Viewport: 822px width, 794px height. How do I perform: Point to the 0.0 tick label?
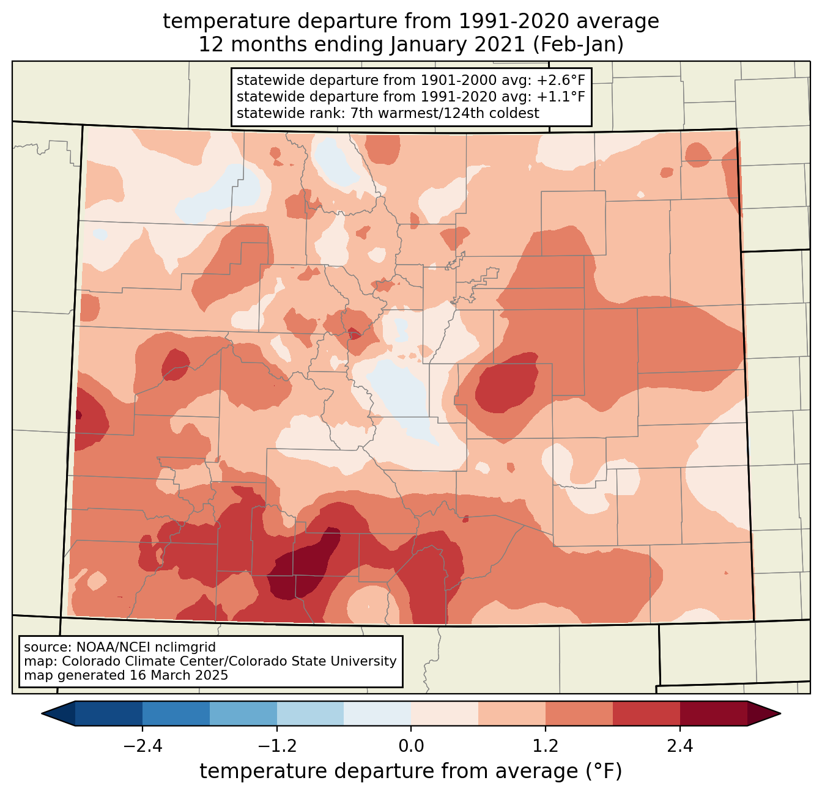tap(411, 746)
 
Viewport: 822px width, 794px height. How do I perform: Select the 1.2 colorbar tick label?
tap(546, 746)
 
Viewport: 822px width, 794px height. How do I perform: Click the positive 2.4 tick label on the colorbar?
tap(680, 746)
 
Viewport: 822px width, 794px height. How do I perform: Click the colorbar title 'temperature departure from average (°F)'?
tap(411, 771)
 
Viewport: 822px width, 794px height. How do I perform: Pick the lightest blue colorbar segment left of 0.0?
tap(377, 713)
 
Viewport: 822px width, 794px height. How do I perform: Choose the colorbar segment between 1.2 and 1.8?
tap(579, 713)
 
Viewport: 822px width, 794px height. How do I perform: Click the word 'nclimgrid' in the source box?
tap(187, 647)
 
